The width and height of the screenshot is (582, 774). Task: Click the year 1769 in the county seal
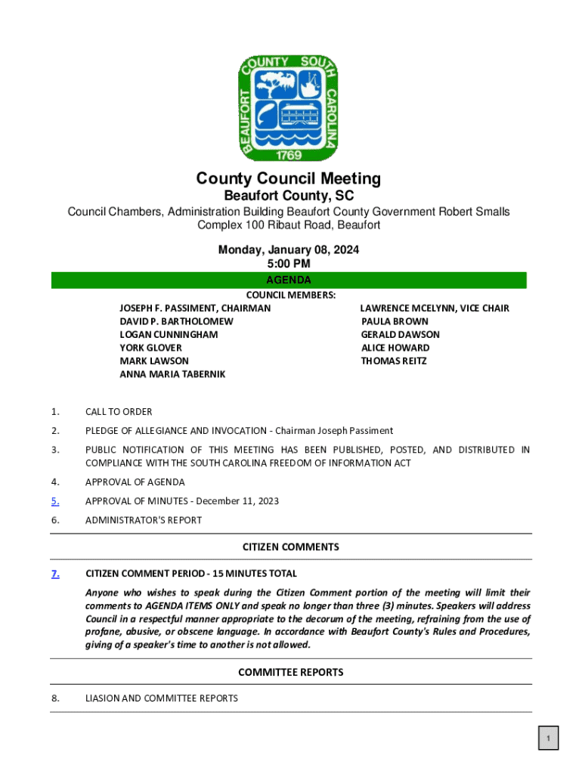289,154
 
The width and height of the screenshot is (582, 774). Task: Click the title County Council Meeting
289,178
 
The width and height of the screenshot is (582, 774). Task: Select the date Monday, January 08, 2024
289,250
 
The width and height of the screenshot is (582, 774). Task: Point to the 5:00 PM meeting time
289,264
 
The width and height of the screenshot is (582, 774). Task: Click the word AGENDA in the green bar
289,280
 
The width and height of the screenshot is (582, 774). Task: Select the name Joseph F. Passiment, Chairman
195,308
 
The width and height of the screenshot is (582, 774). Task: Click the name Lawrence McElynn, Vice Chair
435,308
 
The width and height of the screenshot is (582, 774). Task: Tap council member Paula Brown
395,321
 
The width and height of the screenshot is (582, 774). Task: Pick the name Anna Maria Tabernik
172,374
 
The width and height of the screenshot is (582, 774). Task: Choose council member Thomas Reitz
394,361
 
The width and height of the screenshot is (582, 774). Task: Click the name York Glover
150,348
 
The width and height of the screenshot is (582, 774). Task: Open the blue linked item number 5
55,501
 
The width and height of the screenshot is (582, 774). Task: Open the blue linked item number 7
55,574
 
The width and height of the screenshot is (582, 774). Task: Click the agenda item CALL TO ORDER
119,412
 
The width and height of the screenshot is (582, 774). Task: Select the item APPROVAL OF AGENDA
135,482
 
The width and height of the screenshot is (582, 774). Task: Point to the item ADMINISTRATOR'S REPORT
144,520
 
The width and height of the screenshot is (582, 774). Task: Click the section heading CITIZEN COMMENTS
290,546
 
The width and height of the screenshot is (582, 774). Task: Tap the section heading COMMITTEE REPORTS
290,672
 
